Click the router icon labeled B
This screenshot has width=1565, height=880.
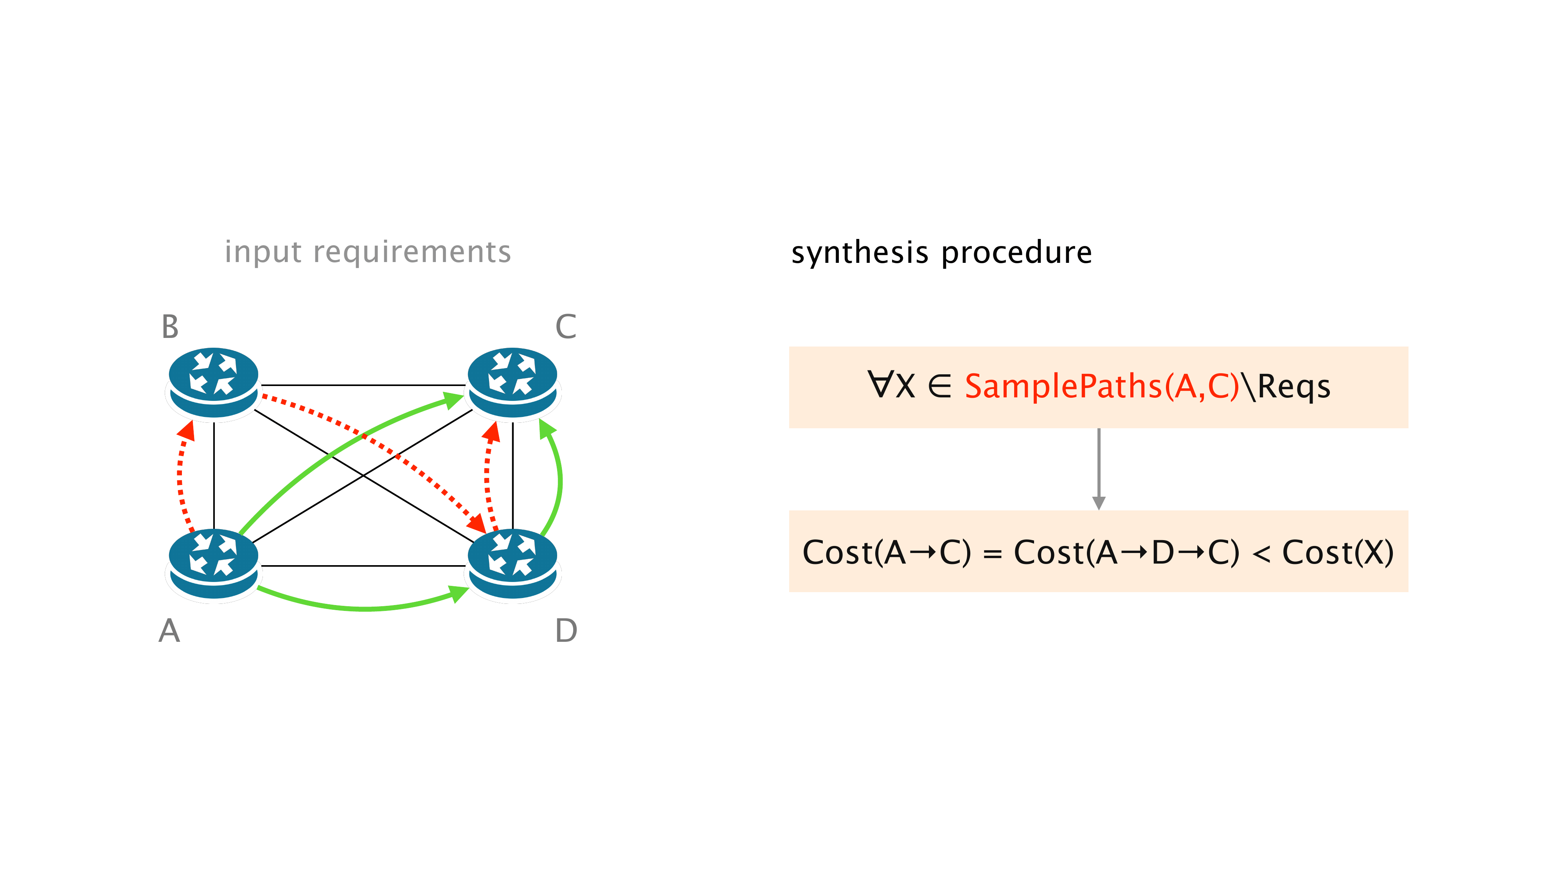[x=213, y=383]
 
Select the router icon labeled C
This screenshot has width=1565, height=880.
[x=512, y=383]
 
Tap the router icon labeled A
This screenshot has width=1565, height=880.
[x=213, y=564]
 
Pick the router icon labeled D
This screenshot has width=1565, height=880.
[x=512, y=564]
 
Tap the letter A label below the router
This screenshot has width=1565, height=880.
[x=169, y=630]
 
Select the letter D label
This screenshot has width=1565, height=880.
[x=566, y=630]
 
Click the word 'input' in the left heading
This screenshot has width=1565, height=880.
[x=263, y=251]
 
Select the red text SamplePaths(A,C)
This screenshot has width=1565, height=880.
[x=1101, y=386]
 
